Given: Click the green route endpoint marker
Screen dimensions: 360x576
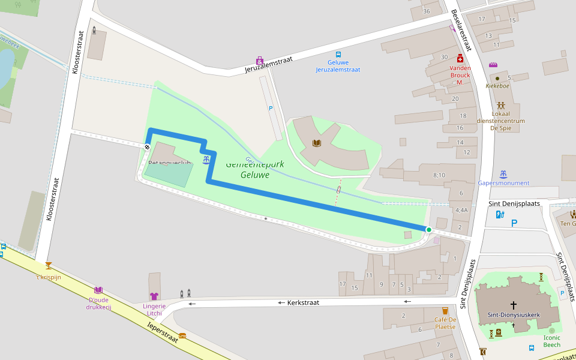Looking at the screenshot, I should [x=428, y=230].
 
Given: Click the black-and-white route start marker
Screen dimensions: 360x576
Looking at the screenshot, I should [x=147, y=146].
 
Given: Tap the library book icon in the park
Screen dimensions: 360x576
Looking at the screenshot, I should [x=317, y=143].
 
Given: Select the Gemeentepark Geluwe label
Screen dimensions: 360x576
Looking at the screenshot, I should [x=254, y=170].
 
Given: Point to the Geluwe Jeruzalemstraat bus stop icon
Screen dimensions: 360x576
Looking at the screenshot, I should [x=338, y=54].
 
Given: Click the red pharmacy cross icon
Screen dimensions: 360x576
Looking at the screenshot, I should [x=460, y=58].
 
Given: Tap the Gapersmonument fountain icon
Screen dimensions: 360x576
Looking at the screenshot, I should [x=503, y=174].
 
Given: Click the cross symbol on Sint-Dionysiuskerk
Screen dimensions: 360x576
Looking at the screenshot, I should [x=513, y=305].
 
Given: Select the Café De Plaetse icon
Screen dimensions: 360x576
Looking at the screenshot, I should [x=445, y=311].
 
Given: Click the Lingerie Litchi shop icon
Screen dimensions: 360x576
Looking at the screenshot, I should [x=154, y=296].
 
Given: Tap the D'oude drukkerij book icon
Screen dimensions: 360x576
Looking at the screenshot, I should [x=98, y=290].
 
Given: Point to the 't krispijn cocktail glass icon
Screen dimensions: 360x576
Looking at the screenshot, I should [x=48, y=265].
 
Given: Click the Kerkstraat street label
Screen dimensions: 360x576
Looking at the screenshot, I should [x=302, y=302].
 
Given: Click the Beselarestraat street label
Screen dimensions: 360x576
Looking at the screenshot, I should [x=463, y=30].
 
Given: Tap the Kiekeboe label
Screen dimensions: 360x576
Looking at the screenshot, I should [x=497, y=86].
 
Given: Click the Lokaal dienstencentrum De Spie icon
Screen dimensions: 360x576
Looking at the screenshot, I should [x=500, y=105].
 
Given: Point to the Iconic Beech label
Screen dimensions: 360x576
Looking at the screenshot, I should [x=551, y=341].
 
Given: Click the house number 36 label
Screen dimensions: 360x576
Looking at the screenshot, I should [x=427, y=11].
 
